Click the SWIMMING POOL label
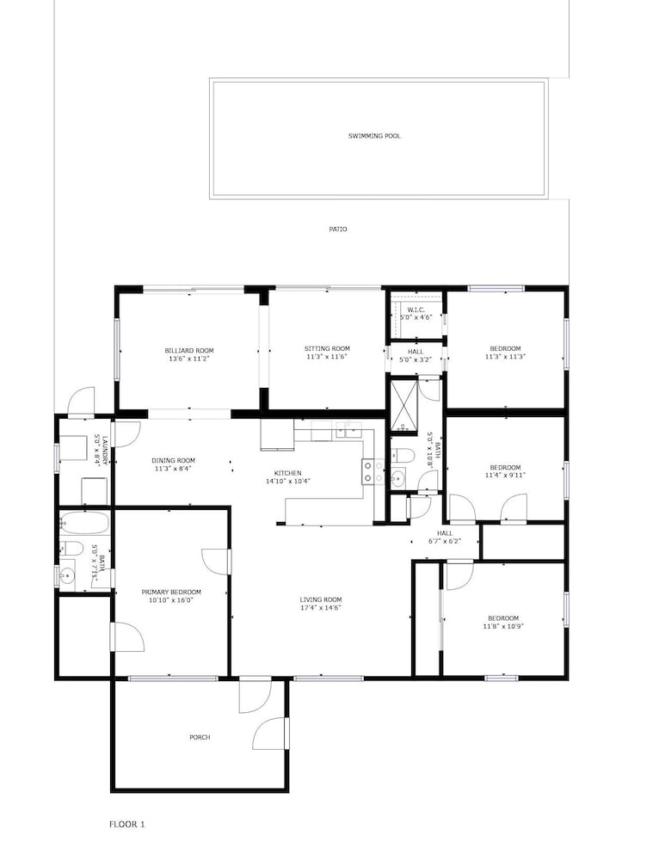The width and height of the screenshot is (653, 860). (x=374, y=136)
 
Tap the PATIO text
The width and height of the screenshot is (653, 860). (x=338, y=230)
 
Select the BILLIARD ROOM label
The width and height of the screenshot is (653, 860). (x=189, y=351)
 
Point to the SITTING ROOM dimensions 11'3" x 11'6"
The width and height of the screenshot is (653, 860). (x=327, y=357)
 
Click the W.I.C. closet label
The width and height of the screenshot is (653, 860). (x=416, y=310)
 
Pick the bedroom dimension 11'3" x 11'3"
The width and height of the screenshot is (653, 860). (x=505, y=357)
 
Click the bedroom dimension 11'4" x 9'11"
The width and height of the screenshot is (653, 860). (x=505, y=476)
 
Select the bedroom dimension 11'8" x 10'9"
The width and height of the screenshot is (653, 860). (x=503, y=626)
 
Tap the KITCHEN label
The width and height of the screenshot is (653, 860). (x=288, y=473)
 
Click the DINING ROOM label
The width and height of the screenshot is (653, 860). (x=174, y=461)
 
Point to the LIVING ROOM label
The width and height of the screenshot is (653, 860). (x=321, y=600)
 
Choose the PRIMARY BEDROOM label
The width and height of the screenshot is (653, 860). (x=171, y=593)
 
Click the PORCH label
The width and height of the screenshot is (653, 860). (x=200, y=738)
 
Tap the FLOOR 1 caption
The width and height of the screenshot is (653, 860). (x=127, y=825)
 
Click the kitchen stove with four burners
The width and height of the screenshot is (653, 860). (x=373, y=472)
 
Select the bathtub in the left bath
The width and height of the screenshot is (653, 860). (x=85, y=523)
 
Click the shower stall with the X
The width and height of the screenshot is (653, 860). (x=404, y=403)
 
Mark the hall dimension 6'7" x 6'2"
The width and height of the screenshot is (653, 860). (x=445, y=541)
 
